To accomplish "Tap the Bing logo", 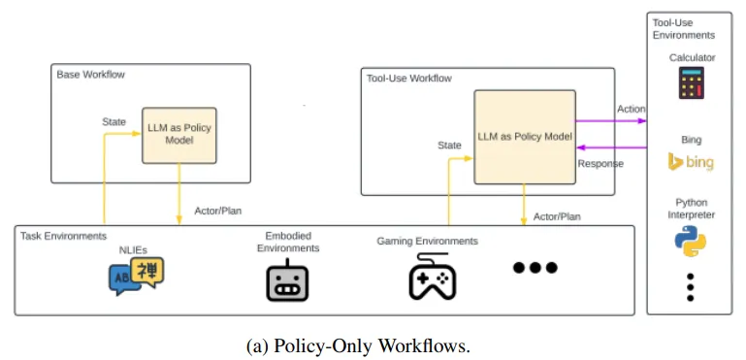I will (x=691, y=162).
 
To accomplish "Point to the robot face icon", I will (x=287, y=281).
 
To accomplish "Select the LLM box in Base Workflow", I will (x=178, y=135).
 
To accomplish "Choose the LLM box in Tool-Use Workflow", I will (x=524, y=136).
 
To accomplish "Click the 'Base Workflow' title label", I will (x=90, y=75).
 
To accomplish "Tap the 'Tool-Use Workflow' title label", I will (x=410, y=78).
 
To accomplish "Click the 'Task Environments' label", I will (x=62, y=236).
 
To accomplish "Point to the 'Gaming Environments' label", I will (x=427, y=241).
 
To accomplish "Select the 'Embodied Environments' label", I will (x=287, y=242).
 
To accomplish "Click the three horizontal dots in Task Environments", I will (x=535, y=268).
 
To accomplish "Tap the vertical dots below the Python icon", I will (x=691, y=288).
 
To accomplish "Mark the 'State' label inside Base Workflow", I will (x=114, y=121).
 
